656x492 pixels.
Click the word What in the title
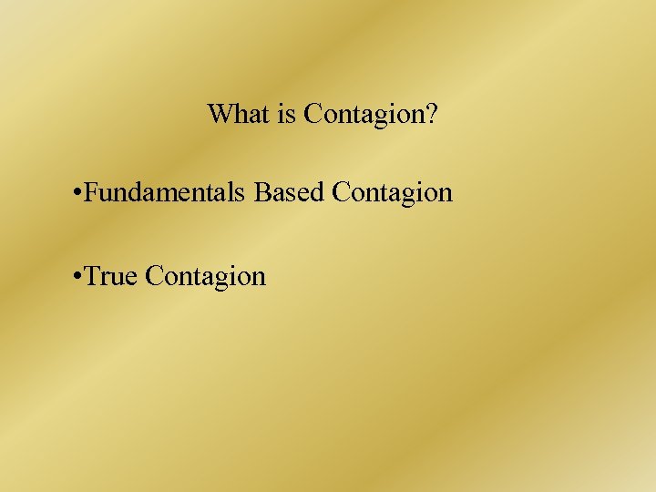coord(240,115)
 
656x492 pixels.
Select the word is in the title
coord(289,115)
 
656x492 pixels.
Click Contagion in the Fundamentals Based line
coord(393,193)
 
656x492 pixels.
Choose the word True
coord(110,275)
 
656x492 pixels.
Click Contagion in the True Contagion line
coord(205,275)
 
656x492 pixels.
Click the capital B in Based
coord(262,193)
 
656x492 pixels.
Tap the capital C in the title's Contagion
coord(313,115)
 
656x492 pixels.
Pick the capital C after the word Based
coord(343,193)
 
